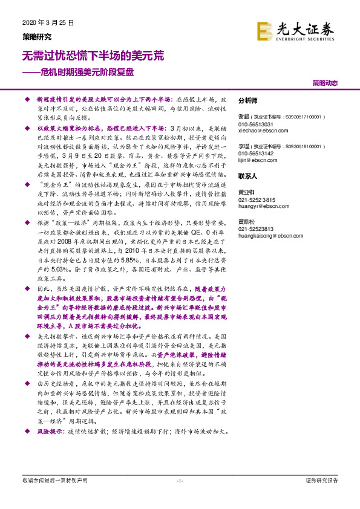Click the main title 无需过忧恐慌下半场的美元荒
point(93,56)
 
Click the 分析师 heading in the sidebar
point(248,100)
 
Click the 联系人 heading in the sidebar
point(248,177)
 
